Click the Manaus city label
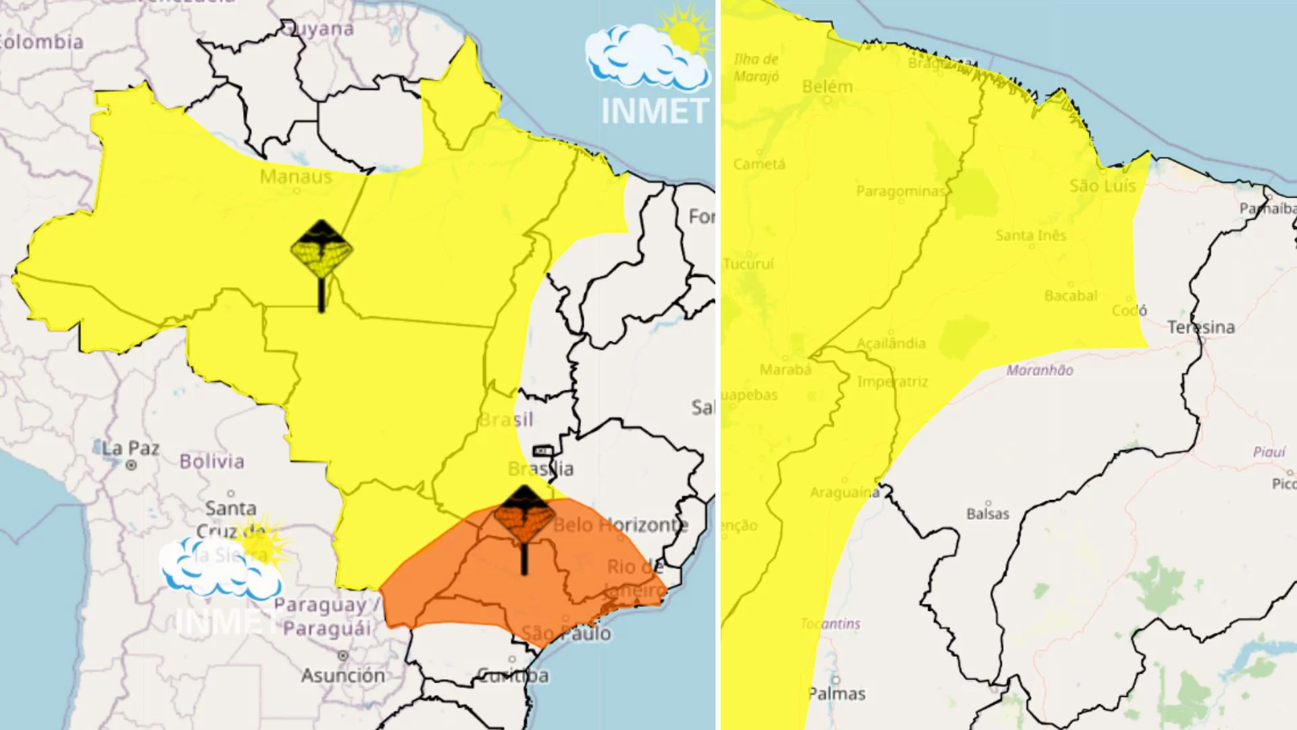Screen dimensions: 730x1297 pyautogui.click(x=296, y=176)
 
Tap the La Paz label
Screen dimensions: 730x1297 pyautogui.click(x=130, y=448)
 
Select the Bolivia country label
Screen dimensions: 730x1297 pyautogui.click(x=211, y=462)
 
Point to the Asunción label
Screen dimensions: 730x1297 pyautogui.click(x=342, y=675)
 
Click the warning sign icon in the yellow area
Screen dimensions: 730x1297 pyautogui.click(x=322, y=249)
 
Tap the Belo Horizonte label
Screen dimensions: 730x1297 pyautogui.click(x=620, y=525)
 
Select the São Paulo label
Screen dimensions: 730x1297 pyautogui.click(x=566, y=633)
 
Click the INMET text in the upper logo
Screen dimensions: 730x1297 pyautogui.click(x=654, y=111)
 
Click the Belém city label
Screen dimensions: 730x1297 pyautogui.click(x=827, y=87)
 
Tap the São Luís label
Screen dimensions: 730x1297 pyautogui.click(x=1102, y=185)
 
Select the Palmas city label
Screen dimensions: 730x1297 pyautogui.click(x=836, y=693)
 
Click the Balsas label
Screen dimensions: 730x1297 pyautogui.click(x=988, y=514)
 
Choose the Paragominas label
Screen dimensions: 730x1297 pyautogui.click(x=900, y=191)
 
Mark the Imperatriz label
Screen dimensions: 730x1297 pyautogui.click(x=892, y=382)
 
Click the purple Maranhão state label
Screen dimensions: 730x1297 pyautogui.click(x=1040, y=370)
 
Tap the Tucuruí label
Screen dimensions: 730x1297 pyautogui.click(x=748, y=264)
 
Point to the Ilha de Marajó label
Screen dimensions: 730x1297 pyautogui.click(x=756, y=68)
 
